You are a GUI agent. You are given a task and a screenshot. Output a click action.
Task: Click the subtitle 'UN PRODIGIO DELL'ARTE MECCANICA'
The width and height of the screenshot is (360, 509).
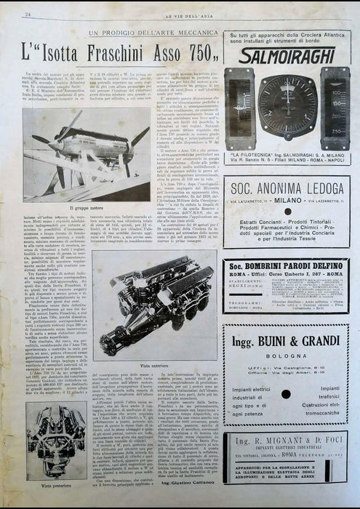152,33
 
